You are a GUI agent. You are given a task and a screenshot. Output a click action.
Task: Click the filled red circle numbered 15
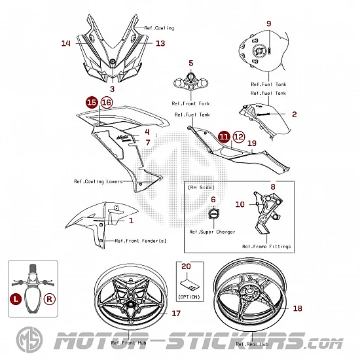point(92,102)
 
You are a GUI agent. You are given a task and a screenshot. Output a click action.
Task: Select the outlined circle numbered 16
point(107,102)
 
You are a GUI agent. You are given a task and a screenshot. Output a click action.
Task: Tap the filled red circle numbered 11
point(224,137)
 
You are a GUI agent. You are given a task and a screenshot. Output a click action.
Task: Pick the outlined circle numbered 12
point(239,137)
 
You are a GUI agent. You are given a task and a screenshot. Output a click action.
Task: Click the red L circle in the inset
point(16,299)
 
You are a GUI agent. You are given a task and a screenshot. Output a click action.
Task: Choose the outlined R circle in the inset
point(50,299)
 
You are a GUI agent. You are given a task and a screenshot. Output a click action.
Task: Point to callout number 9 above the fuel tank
point(268,24)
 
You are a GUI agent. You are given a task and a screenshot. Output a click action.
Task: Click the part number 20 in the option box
point(186,266)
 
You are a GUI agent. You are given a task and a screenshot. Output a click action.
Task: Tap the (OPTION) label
point(189,297)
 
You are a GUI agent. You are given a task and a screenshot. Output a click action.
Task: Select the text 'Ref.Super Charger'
point(212,232)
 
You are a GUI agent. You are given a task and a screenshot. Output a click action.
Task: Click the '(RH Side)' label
point(201,187)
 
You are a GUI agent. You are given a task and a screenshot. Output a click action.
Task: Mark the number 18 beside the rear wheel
point(298,308)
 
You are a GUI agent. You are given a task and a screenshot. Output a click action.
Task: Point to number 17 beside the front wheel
point(176,314)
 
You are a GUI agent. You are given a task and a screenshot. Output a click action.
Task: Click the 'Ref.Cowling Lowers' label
point(98,181)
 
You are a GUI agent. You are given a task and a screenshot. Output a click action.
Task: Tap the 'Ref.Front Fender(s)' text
point(140,241)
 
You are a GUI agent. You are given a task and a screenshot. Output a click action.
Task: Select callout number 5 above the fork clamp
point(191,63)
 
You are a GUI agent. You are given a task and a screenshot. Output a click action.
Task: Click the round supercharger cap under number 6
point(214,213)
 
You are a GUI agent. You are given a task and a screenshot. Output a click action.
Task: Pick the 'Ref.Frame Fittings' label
point(266,247)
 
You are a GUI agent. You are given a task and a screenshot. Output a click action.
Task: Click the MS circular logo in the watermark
point(29,340)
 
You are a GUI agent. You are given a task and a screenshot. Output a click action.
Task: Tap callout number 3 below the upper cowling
point(113,89)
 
